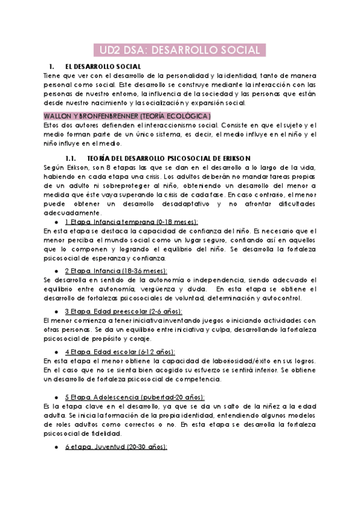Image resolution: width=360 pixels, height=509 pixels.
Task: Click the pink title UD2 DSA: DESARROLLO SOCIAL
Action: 180,50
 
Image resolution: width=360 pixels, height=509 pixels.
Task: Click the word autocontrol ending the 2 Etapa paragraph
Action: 283,298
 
